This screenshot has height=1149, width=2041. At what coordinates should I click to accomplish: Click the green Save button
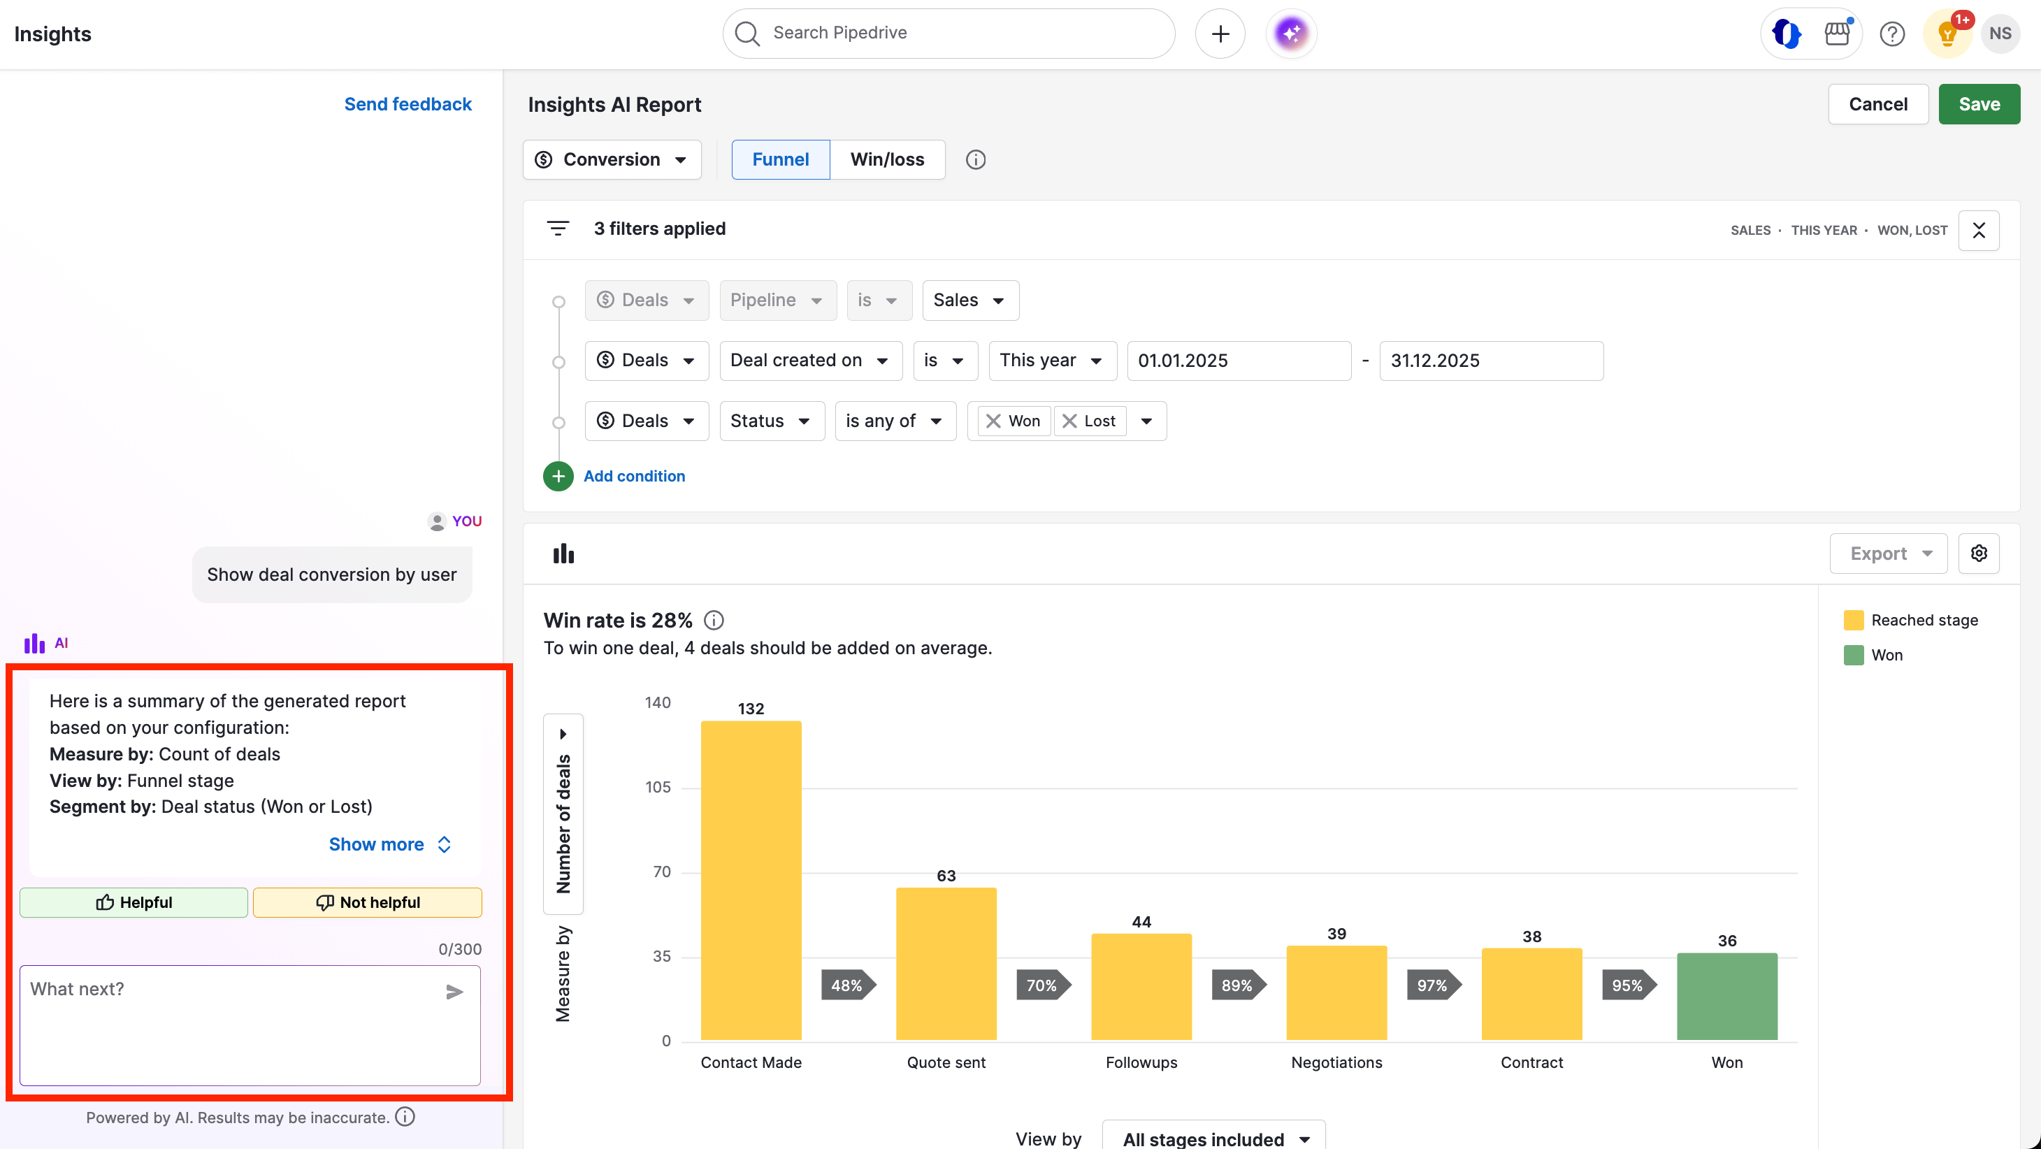pyautogui.click(x=1978, y=104)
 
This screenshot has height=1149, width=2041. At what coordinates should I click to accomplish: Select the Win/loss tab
pyautogui.click(x=886, y=159)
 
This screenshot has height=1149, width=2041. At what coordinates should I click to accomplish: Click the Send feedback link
pyautogui.click(x=408, y=104)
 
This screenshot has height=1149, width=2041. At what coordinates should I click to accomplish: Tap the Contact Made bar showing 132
pyautogui.click(x=750, y=880)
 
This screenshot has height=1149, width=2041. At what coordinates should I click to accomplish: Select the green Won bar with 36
pyautogui.click(x=1726, y=996)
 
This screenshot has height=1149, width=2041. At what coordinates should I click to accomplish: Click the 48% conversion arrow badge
pyautogui.click(x=847, y=985)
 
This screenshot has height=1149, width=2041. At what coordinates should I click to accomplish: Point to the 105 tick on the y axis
pyautogui.click(x=658, y=787)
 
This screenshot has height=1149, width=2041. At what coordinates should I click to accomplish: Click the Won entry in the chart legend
pyautogui.click(x=1886, y=656)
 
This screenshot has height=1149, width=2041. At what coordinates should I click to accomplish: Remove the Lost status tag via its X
pyautogui.click(x=1069, y=421)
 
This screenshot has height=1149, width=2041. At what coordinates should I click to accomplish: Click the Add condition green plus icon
pyautogui.click(x=558, y=476)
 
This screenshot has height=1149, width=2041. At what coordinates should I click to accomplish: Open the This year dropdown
pyautogui.click(x=1051, y=361)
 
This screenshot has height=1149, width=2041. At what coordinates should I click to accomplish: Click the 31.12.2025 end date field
pyautogui.click(x=1490, y=361)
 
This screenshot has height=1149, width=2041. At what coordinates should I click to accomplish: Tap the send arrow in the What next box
pyautogui.click(x=454, y=991)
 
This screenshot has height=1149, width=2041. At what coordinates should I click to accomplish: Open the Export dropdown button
pyautogui.click(x=1888, y=553)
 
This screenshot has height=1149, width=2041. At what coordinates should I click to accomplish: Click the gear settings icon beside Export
pyautogui.click(x=1978, y=553)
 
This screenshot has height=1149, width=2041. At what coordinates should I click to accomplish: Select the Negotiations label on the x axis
pyautogui.click(x=1336, y=1062)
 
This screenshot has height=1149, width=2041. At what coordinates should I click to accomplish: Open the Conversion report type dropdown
pyautogui.click(x=612, y=159)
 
